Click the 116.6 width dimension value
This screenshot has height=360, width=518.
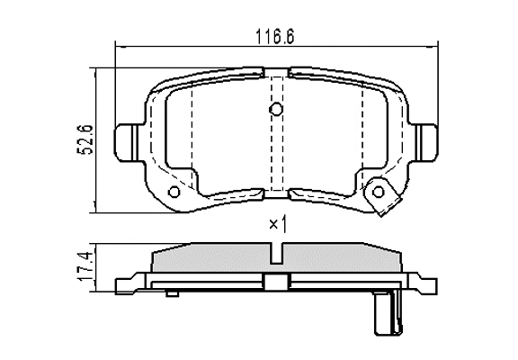275,36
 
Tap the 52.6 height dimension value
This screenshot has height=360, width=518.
85,139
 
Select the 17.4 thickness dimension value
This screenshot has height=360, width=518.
84,266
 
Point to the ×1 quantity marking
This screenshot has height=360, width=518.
278,225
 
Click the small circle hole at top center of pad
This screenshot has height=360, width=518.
276,109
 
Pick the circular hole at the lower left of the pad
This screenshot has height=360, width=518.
174,192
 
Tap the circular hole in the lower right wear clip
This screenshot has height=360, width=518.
379,192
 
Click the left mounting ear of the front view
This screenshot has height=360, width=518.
127,143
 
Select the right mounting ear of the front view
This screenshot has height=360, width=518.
426,143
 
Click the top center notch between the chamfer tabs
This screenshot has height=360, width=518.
277,72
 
